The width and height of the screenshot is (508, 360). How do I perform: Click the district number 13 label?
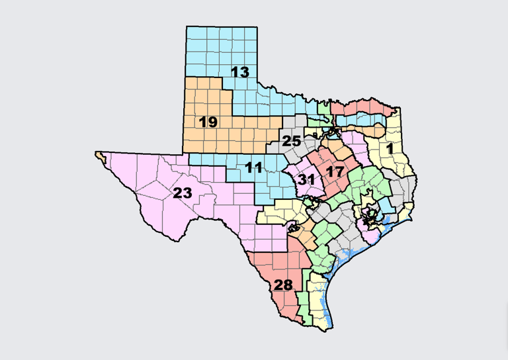[240, 72]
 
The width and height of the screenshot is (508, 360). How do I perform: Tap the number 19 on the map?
[208, 122]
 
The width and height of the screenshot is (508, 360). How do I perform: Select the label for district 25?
[292, 141]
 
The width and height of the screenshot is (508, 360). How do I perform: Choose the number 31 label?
[306, 180]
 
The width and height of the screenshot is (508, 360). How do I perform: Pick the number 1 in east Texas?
[390, 150]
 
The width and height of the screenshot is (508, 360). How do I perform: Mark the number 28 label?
[283, 286]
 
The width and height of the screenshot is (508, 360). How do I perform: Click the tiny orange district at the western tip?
[100, 156]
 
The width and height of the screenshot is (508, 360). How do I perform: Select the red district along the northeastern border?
[360, 107]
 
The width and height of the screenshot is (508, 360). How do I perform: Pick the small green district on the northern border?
[324, 107]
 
